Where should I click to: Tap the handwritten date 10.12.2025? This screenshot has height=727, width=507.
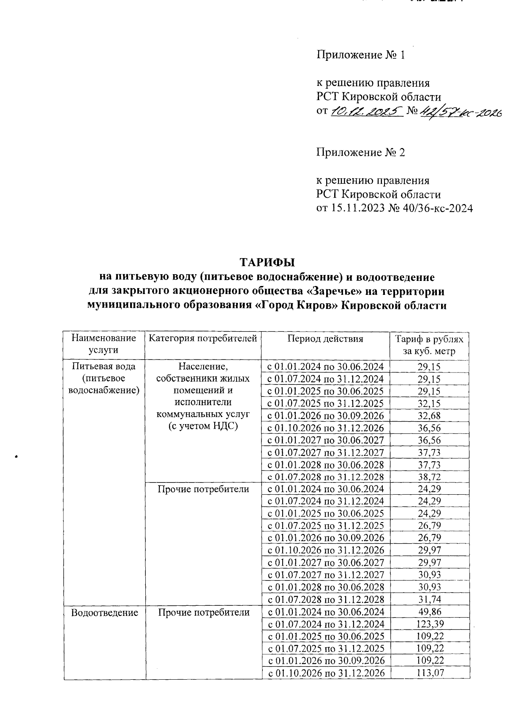[366, 112]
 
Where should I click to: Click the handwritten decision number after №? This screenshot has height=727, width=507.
[460, 112]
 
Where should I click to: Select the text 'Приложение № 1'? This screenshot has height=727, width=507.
[361, 55]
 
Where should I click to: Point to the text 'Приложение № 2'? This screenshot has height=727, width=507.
[361, 152]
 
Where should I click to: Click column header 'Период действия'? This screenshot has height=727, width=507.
[325, 339]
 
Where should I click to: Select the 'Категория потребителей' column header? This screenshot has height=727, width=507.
[203, 339]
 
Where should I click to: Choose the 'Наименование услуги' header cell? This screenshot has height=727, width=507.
[104, 344]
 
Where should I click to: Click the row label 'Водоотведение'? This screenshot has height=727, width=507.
[105, 613]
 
